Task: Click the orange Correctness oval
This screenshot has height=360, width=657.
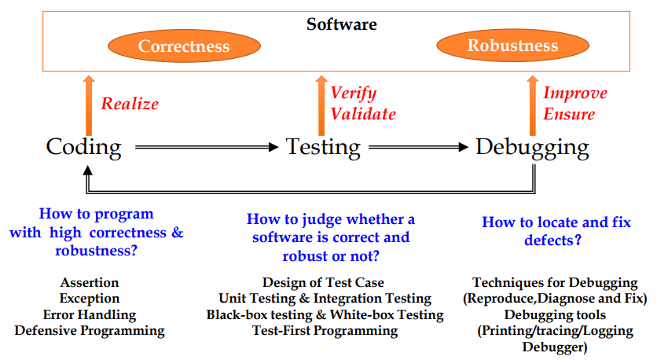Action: point(184,46)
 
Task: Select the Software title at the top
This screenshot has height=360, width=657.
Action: point(341,24)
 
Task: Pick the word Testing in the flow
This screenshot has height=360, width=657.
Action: point(323,147)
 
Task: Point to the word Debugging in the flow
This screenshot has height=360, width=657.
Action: point(532,147)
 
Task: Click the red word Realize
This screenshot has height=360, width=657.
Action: point(130,104)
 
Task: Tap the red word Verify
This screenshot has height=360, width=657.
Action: point(354,93)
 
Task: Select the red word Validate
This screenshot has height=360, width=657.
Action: point(363,114)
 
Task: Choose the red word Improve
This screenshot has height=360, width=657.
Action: point(575,93)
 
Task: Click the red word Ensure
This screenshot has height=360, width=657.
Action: point(569,114)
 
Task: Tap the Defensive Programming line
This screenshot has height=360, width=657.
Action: point(90,330)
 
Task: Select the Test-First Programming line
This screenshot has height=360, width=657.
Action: point(325,330)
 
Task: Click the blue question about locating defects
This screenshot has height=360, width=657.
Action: point(556,231)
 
